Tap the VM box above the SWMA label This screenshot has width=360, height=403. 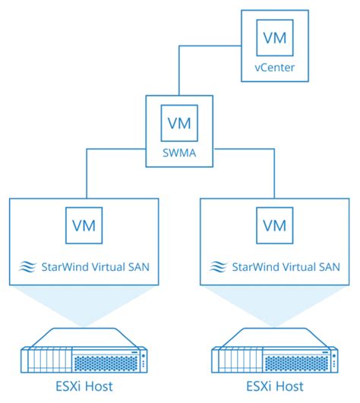(178, 121)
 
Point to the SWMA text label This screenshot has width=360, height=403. (178, 154)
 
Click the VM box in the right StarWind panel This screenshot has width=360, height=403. (274, 225)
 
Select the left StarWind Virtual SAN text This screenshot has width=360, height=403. (95, 266)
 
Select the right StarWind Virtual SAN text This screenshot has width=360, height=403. (285, 266)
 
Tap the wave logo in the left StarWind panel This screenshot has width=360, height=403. (26, 266)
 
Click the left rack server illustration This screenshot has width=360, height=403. (84, 350)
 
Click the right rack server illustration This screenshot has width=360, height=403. (274, 350)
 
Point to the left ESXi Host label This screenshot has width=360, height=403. (84, 386)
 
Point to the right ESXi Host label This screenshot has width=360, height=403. (274, 386)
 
